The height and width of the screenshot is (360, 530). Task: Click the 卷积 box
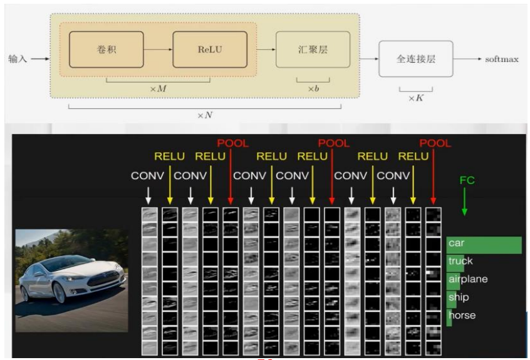106,49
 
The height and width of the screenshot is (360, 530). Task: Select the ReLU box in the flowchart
209,49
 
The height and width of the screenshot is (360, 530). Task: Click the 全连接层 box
415,59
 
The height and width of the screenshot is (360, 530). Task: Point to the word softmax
502,59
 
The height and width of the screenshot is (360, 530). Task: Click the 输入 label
18,59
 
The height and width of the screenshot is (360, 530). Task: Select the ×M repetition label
158,88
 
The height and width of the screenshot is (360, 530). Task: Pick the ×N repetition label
205,115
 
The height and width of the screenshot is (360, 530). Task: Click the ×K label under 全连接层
415,98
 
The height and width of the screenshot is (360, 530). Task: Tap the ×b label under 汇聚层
313,88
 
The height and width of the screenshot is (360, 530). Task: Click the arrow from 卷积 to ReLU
158,49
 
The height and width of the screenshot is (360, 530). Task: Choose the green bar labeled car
484,244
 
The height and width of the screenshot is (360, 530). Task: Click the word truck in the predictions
460,261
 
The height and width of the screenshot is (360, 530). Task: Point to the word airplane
467,279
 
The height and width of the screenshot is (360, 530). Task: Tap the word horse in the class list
462,315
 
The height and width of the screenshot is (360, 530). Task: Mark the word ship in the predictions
458,297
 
